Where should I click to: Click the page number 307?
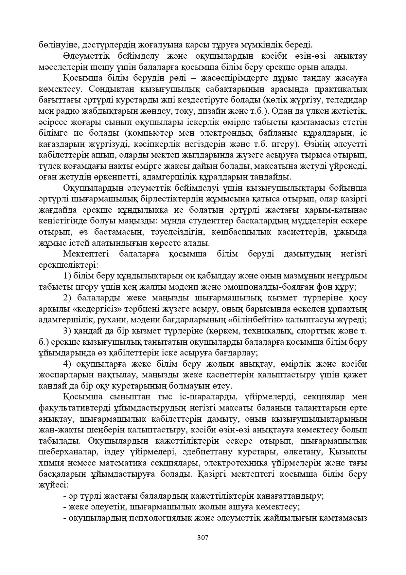point(203,537)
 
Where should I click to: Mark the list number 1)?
point(67,276)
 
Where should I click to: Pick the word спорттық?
point(316,331)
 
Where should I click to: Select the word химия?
point(49,463)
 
